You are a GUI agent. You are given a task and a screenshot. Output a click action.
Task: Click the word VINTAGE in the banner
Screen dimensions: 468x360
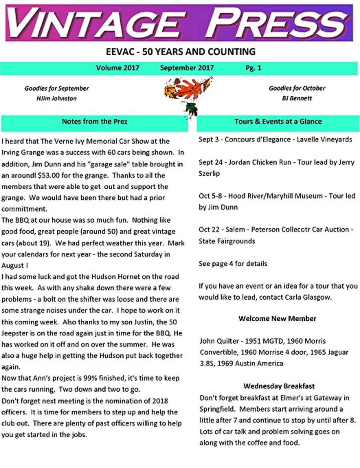(96, 23)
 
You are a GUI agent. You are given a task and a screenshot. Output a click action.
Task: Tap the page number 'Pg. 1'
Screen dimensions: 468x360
(253, 68)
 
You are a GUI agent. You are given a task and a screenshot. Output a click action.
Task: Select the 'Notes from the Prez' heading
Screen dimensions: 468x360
(94, 121)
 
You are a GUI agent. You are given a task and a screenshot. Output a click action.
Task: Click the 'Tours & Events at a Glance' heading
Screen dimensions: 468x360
(278, 121)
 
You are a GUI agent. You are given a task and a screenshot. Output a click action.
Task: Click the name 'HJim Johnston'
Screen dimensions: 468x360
(56, 98)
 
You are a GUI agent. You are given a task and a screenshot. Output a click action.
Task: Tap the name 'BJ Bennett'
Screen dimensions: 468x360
(297, 98)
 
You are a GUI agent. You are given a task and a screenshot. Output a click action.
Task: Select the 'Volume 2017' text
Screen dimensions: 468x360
(118, 68)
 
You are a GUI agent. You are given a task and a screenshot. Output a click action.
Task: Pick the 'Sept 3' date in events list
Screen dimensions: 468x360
(209, 140)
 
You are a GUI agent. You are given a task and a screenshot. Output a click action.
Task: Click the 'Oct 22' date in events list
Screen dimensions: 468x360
(210, 230)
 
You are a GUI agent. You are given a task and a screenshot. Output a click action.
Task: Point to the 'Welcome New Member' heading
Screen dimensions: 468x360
(277, 319)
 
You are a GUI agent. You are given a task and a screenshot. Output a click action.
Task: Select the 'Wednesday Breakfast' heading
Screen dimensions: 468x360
(279, 386)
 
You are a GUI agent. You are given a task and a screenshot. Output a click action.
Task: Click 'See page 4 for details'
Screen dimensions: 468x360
(233, 264)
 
